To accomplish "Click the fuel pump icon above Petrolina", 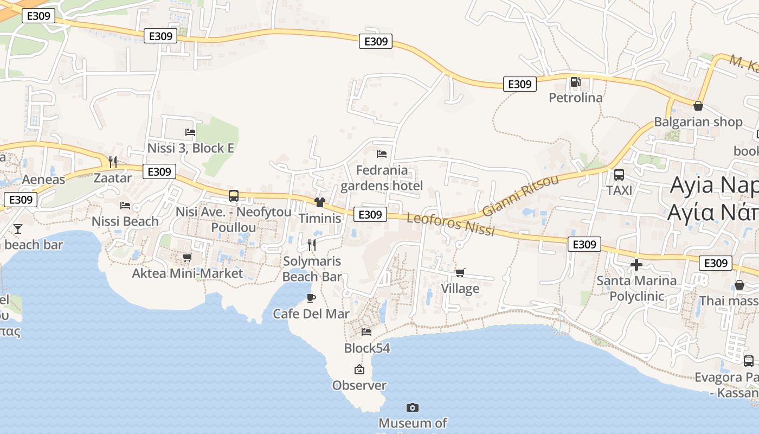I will click(575, 82).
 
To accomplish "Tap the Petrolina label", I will click(576, 98).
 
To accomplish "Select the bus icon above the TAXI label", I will click(619, 175).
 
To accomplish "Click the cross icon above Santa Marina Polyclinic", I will click(636, 265).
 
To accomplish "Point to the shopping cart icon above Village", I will click(460, 272).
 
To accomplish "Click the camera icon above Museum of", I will click(413, 407).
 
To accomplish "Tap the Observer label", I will click(359, 386).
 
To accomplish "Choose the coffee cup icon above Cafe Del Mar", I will click(311, 298).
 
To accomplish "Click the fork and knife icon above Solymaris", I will click(312, 245).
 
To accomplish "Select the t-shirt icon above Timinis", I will click(319, 202).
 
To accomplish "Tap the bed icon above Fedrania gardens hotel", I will click(382, 154).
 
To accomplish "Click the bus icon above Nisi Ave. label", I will click(234, 196).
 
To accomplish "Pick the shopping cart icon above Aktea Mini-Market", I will click(187, 257).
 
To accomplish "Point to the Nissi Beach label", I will click(125, 221).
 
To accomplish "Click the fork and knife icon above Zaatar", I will click(113, 162).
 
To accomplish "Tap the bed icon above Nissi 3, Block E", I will click(190, 132).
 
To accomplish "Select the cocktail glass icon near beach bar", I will click(18, 228).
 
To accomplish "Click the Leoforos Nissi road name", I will click(451, 224).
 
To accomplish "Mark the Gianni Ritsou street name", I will click(520, 195).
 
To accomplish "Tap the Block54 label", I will click(367, 348).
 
